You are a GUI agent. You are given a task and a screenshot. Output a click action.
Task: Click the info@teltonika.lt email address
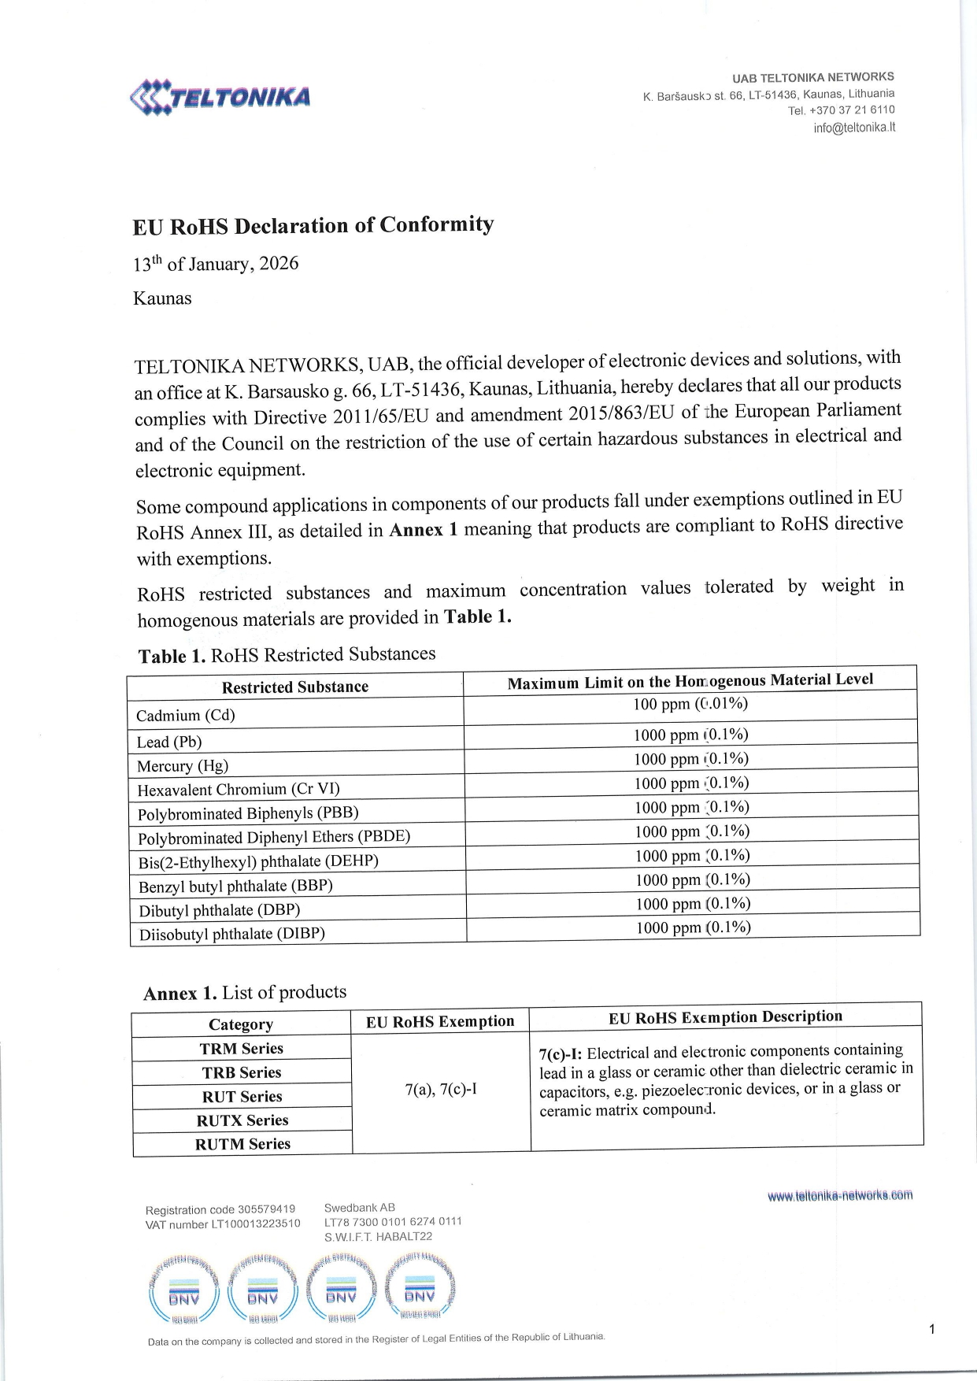pyautogui.click(x=854, y=128)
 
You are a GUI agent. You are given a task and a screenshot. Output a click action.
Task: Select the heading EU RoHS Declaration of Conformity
pyautogui.click(x=313, y=226)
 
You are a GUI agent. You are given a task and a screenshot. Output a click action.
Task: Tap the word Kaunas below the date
pyautogui.click(x=162, y=298)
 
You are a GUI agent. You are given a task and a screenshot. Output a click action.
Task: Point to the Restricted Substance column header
pyautogui.click(x=295, y=687)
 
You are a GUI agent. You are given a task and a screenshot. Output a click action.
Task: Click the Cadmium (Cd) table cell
pyautogui.click(x=186, y=716)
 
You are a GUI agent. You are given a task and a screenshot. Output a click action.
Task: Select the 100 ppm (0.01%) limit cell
pyautogui.click(x=690, y=704)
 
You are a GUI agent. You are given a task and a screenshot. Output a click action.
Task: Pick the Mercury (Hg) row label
pyautogui.click(x=183, y=766)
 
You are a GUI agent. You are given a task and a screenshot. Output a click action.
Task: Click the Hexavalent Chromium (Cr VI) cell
pyautogui.click(x=239, y=790)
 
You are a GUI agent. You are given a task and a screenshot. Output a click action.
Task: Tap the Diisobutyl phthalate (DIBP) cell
pyautogui.click(x=232, y=935)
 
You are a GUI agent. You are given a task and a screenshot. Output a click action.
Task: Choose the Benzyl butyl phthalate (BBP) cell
pyautogui.click(x=235, y=886)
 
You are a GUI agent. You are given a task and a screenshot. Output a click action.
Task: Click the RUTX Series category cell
pyautogui.click(x=242, y=1120)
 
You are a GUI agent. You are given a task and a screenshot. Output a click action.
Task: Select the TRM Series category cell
pyautogui.click(x=241, y=1049)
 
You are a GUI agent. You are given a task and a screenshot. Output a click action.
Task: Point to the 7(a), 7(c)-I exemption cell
pyautogui.click(x=441, y=1090)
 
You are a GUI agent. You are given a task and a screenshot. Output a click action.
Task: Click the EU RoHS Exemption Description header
pyautogui.click(x=725, y=1017)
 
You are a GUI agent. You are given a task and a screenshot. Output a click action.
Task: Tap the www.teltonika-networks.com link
pyautogui.click(x=840, y=1195)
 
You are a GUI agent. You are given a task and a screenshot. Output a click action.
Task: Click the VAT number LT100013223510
pyautogui.click(x=223, y=1224)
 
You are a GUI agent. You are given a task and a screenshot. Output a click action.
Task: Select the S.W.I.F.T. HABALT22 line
pyautogui.click(x=378, y=1237)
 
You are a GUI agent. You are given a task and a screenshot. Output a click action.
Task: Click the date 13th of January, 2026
pyautogui.click(x=216, y=264)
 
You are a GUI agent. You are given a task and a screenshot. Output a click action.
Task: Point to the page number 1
pyautogui.click(x=932, y=1330)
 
